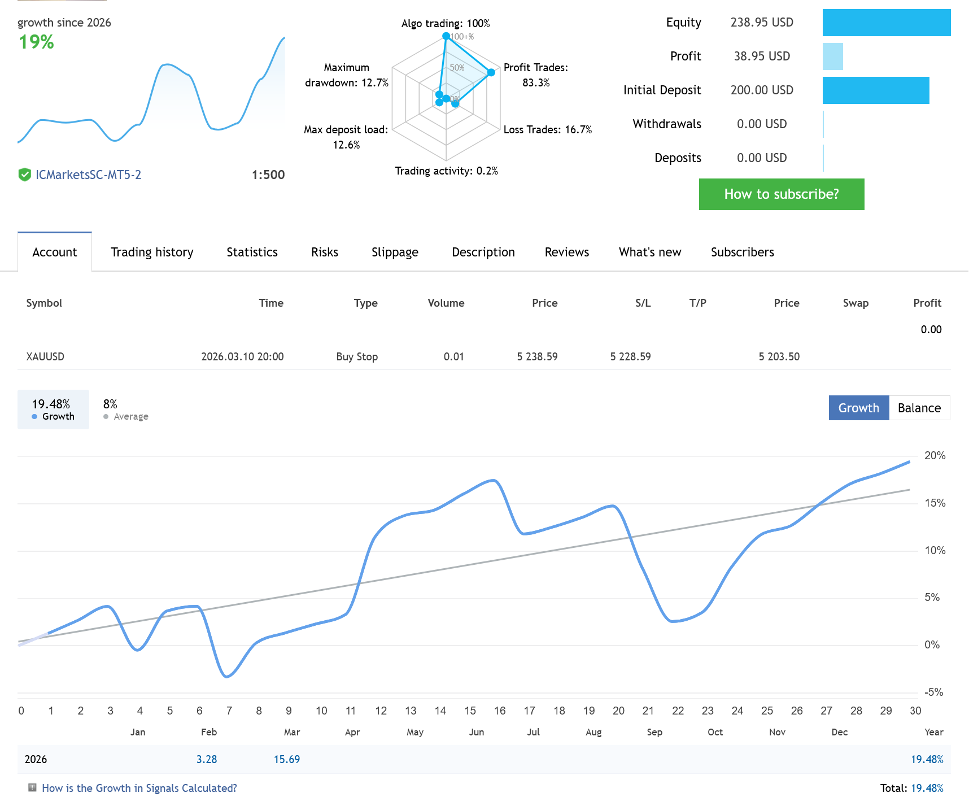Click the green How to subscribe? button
(x=782, y=194)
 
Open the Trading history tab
(x=152, y=252)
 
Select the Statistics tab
(x=252, y=252)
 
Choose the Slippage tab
(x=395, y=252)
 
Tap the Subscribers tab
(x=742, y=252)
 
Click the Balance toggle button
(x=919, y=408)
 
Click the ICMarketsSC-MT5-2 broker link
(x=88, y=175)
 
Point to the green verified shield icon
(x=24, y=175)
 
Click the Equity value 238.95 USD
(x=762, y=22)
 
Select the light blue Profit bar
(x=832, y=56)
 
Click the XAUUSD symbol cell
(x=45, y=356)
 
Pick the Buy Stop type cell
(x=357, y=356)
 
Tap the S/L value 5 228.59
(x=630, y=356)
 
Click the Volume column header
(x=446, y=303)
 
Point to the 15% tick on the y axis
(x=935, y=503)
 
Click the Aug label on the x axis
(x=593, y=732)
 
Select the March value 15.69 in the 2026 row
(x=287, y=759)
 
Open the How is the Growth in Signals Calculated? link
(x=139, y=788)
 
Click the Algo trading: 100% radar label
(x=446, y=23)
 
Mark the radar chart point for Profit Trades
(x=491, y=72)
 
